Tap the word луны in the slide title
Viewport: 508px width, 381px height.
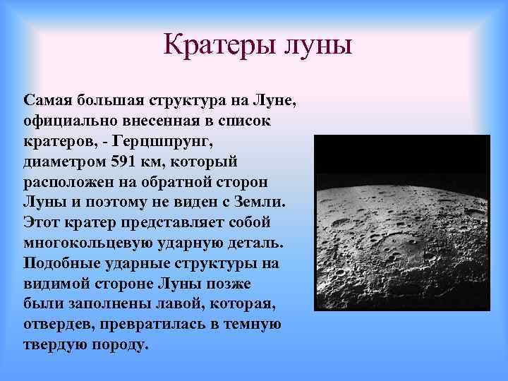pyautogui.click(x=315, y=46)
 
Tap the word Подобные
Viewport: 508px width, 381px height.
pyautogui.click(x=59, y=263)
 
